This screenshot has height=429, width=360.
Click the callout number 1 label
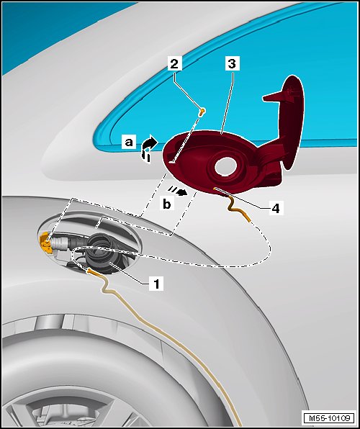coord(156,284)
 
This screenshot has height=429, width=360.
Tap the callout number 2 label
coord(175,64)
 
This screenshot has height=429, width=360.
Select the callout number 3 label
coord(232,64)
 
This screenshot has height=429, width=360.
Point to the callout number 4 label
coord(276,208)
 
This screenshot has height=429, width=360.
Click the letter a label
coord(129,143)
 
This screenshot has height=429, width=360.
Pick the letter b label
coord(167,204)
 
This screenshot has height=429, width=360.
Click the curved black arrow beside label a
coord(150,149)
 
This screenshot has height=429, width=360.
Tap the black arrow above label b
coord(178,191)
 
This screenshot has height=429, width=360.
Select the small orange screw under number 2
coord(202,112)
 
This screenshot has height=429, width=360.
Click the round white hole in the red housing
coord(225,166)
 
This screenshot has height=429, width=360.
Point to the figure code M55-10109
coord(329,418)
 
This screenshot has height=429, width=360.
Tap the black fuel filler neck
coord(101,253)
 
